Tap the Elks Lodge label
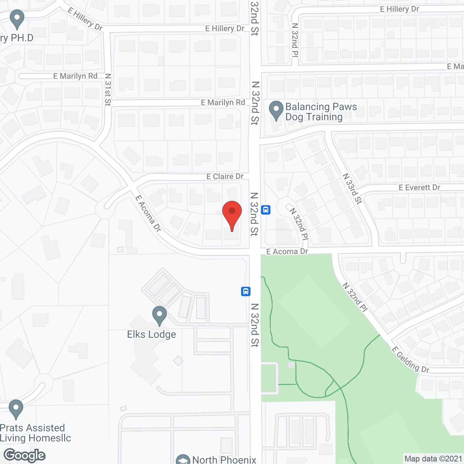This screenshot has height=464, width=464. [x=152, y=334]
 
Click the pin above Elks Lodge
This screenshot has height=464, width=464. [x=159, y=315]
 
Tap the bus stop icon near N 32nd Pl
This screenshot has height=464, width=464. [x=266, y=210]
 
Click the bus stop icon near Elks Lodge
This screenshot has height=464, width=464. [x=246, y=291]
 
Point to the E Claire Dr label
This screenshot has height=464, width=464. [x=225, y=177]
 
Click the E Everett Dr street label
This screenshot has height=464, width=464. [x=419, y=187]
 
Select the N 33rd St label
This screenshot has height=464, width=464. [x=352, y=188]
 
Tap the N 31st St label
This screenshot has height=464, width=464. [x=108, y=90]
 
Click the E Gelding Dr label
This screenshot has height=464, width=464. [x=410, y=360]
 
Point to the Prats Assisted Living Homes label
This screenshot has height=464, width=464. [x=35, y=433]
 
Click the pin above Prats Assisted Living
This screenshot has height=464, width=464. [x=16, y=409]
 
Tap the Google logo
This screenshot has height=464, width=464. [x=25, y=455]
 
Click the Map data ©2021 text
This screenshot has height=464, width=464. [x=433, y=459]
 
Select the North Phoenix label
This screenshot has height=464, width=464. [x=224, y=460]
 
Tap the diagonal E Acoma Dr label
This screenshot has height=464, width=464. [x=148, y=213]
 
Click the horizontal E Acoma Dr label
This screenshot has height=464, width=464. [x=287, y=252]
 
